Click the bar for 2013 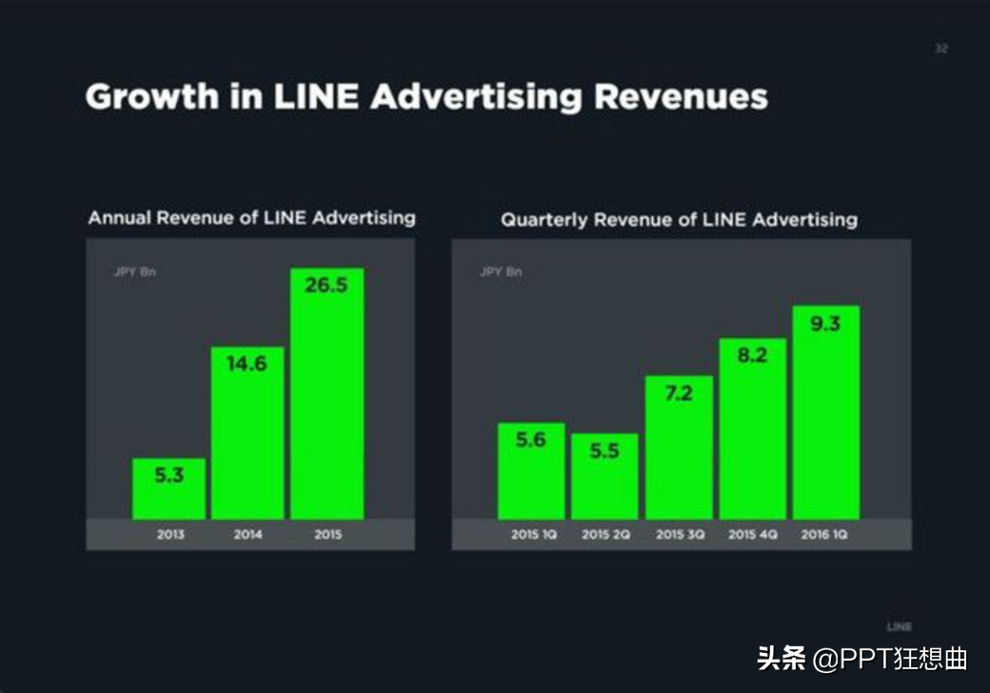[168, 489]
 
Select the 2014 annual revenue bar [247, 433]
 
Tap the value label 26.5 [327, 286]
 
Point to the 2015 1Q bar [531, 471]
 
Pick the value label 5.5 [604, 451]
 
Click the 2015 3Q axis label [680, 535]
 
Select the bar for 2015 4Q [753, 428]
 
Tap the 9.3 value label [825, 324]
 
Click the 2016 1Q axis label [825, 535]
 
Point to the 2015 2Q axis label [605, 535]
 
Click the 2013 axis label [170, 535]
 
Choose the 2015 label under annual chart [327, 535]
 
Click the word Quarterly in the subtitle [544, 220]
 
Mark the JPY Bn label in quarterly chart [501, 272]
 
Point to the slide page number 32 [940, 49]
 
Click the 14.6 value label [247, 364]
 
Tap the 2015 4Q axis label [753, 535]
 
